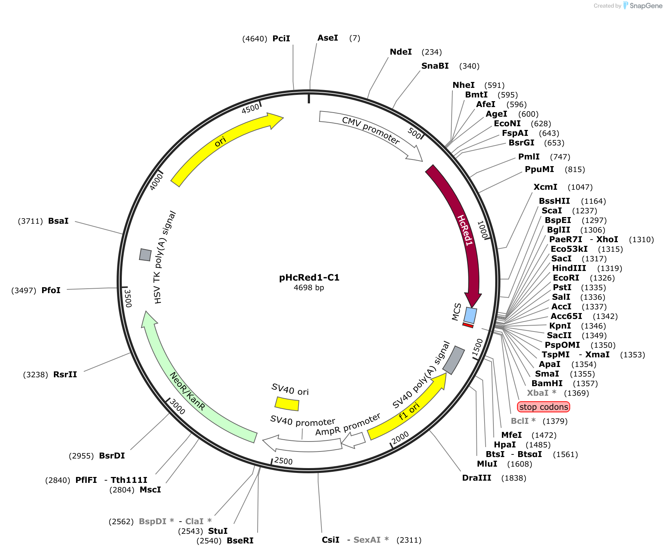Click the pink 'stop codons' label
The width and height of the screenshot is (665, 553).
pos(544,407)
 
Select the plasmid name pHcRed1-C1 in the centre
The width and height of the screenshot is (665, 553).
pos(309,277)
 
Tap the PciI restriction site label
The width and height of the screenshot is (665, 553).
pos(281,38)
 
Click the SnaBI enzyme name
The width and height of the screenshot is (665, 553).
pos(435,66)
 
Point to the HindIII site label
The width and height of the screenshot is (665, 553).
pos(569,268)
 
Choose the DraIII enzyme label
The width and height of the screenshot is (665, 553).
pos(477,478)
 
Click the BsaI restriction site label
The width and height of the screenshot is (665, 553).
pos(58,221)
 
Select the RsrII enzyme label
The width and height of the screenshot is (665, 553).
pos(65,374)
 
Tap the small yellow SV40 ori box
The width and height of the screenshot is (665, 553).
pos(287,403)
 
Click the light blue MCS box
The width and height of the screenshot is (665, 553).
pos(470,315)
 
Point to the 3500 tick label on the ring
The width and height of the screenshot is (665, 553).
pos(128,298)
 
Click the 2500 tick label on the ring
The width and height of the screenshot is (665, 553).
pos(283,461)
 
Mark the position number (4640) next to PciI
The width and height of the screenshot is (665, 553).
pos(255,39)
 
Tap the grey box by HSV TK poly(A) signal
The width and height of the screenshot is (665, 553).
pos(145,255)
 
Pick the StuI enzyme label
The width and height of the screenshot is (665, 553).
pos(218,531)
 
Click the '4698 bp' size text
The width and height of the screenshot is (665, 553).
pos(309,288)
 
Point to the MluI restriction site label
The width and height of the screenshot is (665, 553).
pos(487,464)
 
